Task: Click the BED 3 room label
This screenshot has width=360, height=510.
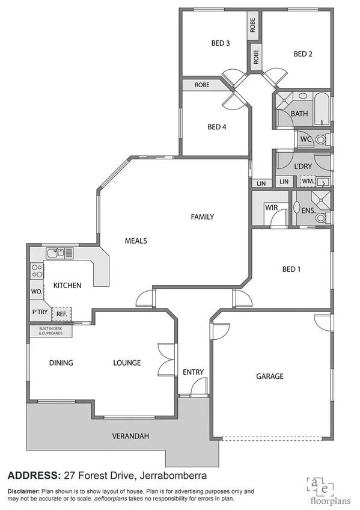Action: [220, 43]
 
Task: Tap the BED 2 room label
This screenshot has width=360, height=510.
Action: [303, 54]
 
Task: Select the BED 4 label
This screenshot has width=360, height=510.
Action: [216, 127]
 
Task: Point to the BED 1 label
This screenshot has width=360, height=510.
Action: [291, 269]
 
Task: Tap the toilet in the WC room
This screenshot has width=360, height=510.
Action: [322, 140]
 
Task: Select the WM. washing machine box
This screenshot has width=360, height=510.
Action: [308, 181]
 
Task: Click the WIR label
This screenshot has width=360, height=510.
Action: [271, 207]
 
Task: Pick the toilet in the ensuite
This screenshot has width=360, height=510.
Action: [321, 217]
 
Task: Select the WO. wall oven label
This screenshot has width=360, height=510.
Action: [36, 292]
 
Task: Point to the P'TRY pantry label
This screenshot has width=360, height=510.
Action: [40, 313]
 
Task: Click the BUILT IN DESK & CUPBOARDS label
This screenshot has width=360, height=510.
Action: [52, 331]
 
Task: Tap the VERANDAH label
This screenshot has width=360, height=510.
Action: [130, 436]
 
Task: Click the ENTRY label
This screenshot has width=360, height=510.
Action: [193, 372]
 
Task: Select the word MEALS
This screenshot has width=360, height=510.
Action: [136, 241]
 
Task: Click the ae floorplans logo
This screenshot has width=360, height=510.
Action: [325, 488]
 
